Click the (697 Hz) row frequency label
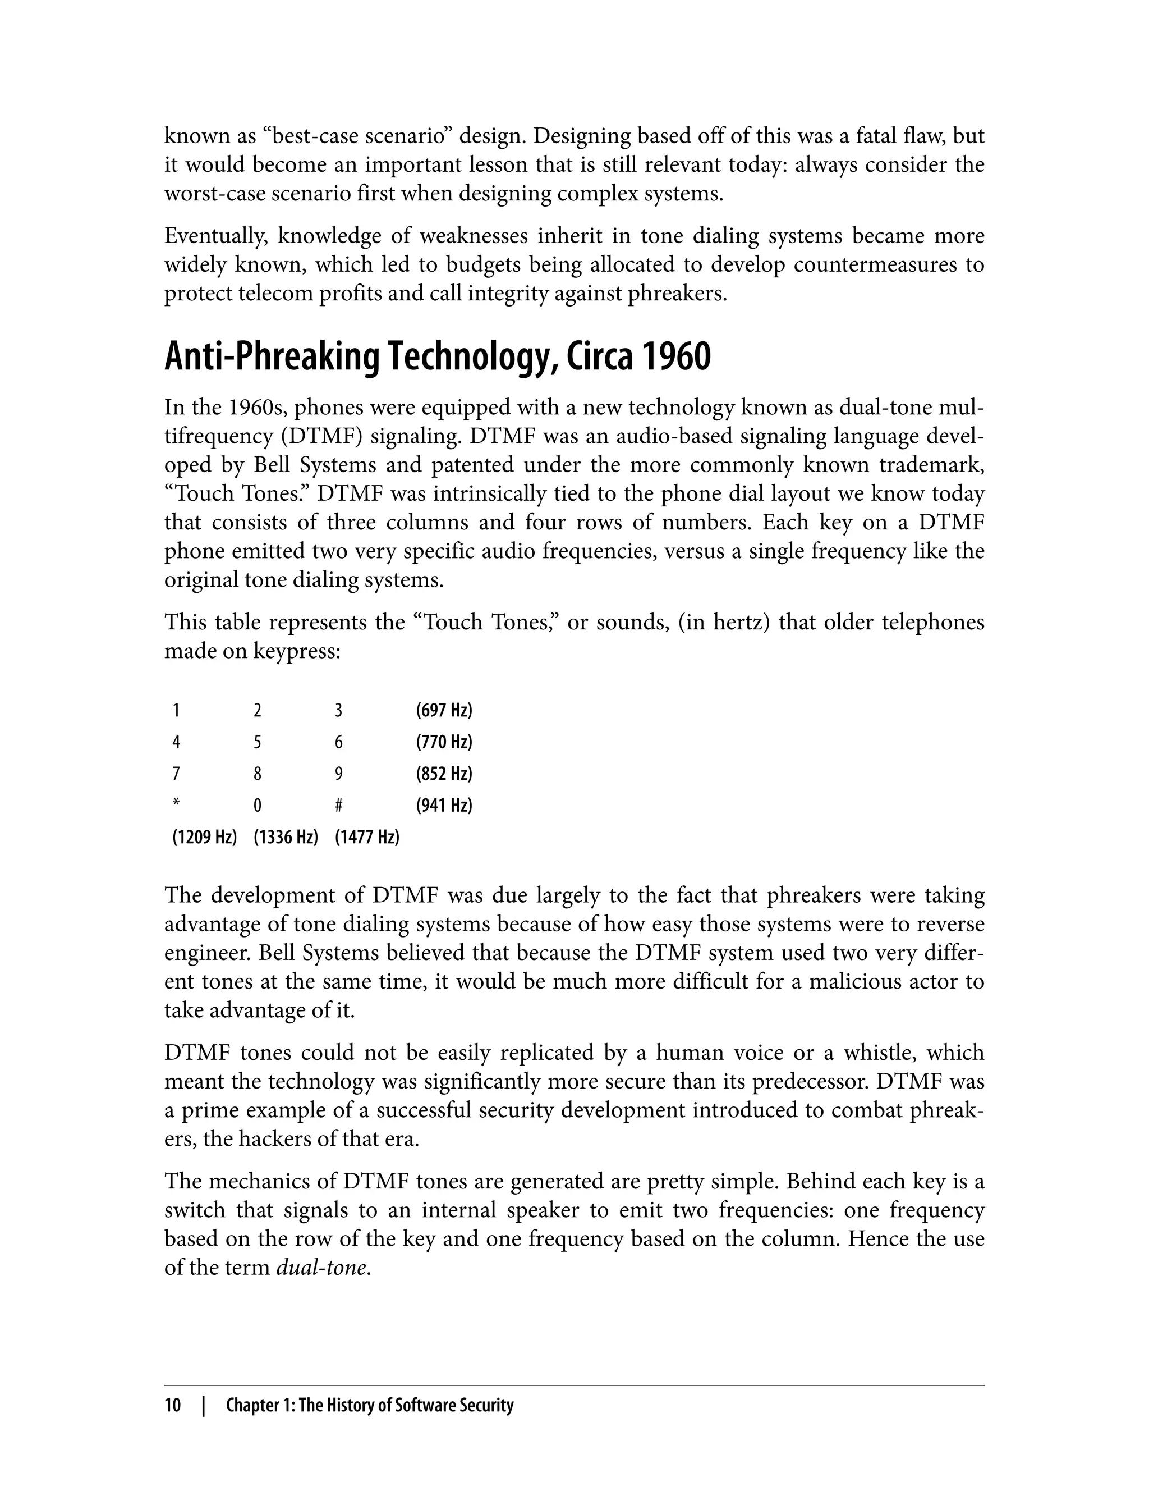point(444,710)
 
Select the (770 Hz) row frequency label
point(444,742)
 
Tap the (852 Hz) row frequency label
point(444,774)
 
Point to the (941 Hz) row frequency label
point(444,805)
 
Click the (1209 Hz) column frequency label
point(204,836)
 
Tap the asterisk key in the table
point(176,803)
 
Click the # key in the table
point(338,806)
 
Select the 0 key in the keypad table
point(257,806)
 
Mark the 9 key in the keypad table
point(338,774)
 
